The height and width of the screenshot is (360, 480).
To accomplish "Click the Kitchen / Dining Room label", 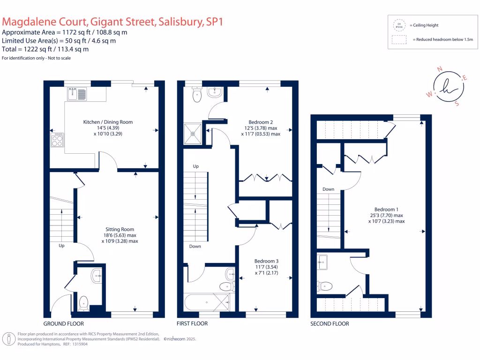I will click(x=108, y=122).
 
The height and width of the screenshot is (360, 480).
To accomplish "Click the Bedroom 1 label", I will click(x=386, y=210).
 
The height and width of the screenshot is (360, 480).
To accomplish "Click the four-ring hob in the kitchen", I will click(x=57, y=139).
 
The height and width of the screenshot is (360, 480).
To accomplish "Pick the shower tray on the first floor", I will click(x=192, y=133).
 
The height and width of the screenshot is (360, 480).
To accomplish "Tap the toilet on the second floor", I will click(x=324, y=285).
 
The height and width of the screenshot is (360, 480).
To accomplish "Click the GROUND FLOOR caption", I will click(x=64, y=324).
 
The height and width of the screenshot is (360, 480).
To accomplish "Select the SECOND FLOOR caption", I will click(x=330, y=324).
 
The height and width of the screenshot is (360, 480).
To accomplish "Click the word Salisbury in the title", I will click(x=180, y=22).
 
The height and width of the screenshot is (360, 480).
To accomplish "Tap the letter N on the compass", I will click(x=440, y=69).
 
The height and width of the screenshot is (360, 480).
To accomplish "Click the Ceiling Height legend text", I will click(x=424, y=25).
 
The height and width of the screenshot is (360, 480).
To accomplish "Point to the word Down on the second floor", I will click(x=328, y=189).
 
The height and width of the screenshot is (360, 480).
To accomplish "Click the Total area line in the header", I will click(x=45, y=49).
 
